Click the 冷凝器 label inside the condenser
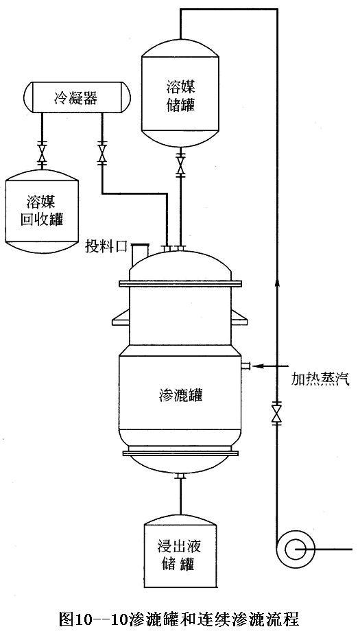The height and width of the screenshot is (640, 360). (75, 98)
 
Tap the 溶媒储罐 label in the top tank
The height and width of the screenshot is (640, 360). (180, 96)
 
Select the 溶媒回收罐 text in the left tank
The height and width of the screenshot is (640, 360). (41, 211)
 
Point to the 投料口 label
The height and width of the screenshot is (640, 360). (106, 246)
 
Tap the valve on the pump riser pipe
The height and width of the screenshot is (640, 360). (277, 412)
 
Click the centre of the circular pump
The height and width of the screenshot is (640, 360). (293, 549)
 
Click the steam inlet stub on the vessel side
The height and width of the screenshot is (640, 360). (245, 366)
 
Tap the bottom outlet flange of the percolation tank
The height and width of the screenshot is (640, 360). (180, 476)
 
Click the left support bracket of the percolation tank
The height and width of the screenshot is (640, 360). (121, 318)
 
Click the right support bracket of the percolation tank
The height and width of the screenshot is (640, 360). (239, 318)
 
